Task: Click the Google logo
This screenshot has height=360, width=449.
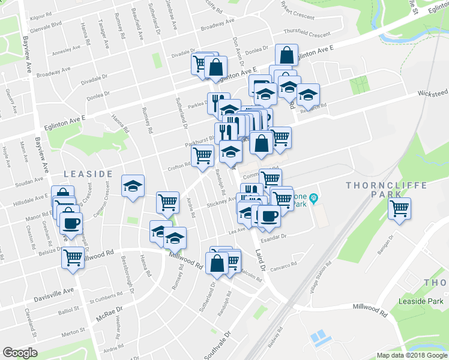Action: pos(20,353)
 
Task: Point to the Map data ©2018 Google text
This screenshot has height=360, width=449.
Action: pos(412,355)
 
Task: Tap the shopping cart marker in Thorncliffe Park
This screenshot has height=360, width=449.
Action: pos(399,209)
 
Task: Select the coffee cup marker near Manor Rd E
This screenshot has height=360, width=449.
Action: pos(71,223)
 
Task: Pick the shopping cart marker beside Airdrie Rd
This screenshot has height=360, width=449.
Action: pos(167,202)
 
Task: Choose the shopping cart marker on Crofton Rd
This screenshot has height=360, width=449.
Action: pos(202,156)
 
